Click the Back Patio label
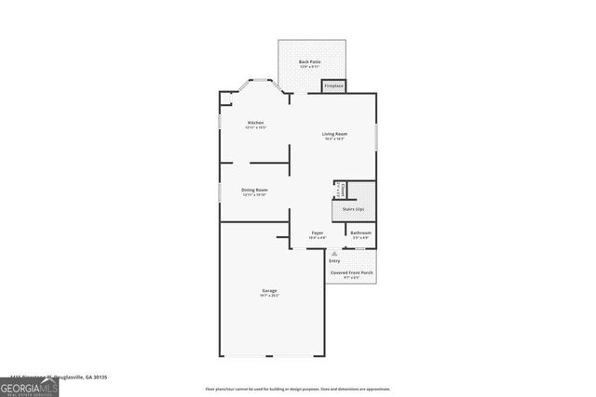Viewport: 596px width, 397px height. click(x=311, y=62)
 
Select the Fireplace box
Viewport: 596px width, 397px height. click(x=333, y=86)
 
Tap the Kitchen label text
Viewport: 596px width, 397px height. click(x=255, y=123)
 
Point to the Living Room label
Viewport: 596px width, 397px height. click(x=334, y=134)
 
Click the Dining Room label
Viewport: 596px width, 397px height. click(x=255, y=190)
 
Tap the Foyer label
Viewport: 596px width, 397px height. click(x=318, y=232)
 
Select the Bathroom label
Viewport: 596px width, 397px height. click(x=360, y=232)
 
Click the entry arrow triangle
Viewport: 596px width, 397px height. click(x=334, y=253)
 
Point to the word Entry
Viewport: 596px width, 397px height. click(x=334, y=261)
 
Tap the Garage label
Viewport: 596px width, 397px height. click(x=269, y=291)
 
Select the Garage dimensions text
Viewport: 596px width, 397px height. click(x=269, y=297)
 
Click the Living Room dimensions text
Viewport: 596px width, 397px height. click(x=334, y=139)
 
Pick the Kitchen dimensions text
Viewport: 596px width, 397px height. click(x=255, y=128)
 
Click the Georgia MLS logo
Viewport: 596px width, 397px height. click(x=29, y=384)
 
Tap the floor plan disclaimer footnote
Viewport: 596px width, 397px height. click(x=297, y=389)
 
